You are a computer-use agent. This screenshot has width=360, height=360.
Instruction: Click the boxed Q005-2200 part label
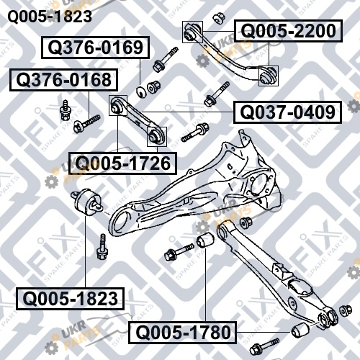pyautogui.click(x=288, y=31)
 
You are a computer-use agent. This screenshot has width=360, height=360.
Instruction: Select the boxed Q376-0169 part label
pyautogui.click(x=95, y=48)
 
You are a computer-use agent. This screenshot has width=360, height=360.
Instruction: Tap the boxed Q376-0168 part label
pyautogui.click(x=63, y=80)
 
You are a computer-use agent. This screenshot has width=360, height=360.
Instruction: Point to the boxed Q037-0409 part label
pyautogui.click(x=287, y=112)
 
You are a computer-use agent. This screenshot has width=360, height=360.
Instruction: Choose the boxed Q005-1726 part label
pyautogui.click(x=122, y=163)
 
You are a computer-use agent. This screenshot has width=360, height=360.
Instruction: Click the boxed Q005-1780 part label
pyautogui.click(x=183, y=333)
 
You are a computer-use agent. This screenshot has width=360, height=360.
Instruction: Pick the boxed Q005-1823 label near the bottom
pyautogui.click(x=70, y=299)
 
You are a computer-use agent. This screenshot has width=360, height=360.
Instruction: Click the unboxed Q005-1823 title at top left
pyautogui.click(x=50, y=17)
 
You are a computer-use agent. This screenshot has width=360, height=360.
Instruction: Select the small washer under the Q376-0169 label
pyautogui.click(x=141, y=91)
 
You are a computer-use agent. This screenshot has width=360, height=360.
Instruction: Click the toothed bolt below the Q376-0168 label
pyautogui.click(x=86, y=124)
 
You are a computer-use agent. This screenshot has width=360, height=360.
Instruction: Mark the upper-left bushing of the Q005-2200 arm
pyautogui.click(x=192, y=32)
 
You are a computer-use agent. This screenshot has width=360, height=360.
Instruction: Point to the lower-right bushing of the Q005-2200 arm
pyautogui.click(x=269, y=76)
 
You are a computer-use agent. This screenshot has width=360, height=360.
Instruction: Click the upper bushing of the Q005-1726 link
pyautogui.click(x=117, y=105)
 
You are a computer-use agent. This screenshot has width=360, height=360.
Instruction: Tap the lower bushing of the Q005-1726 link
pyautogui.click(x=156, y=136)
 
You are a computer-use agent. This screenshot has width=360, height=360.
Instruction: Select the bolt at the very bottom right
pyautogui.click(x=264, y=346)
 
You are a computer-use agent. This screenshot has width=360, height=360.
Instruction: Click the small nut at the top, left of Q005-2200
pyautogui.click(x=219, y=19)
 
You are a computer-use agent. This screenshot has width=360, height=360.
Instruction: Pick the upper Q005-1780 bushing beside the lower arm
pyautogui.click(x=205, y=240)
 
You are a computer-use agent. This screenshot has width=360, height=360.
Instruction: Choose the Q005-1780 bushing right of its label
pyautogui.click(x=300, y=330)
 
